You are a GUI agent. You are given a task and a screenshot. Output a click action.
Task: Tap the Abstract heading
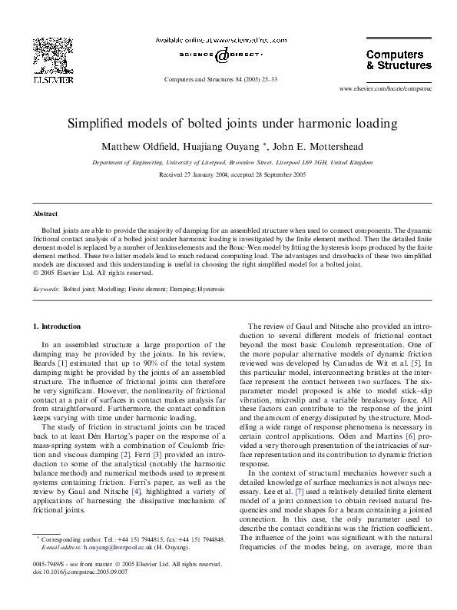45,214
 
